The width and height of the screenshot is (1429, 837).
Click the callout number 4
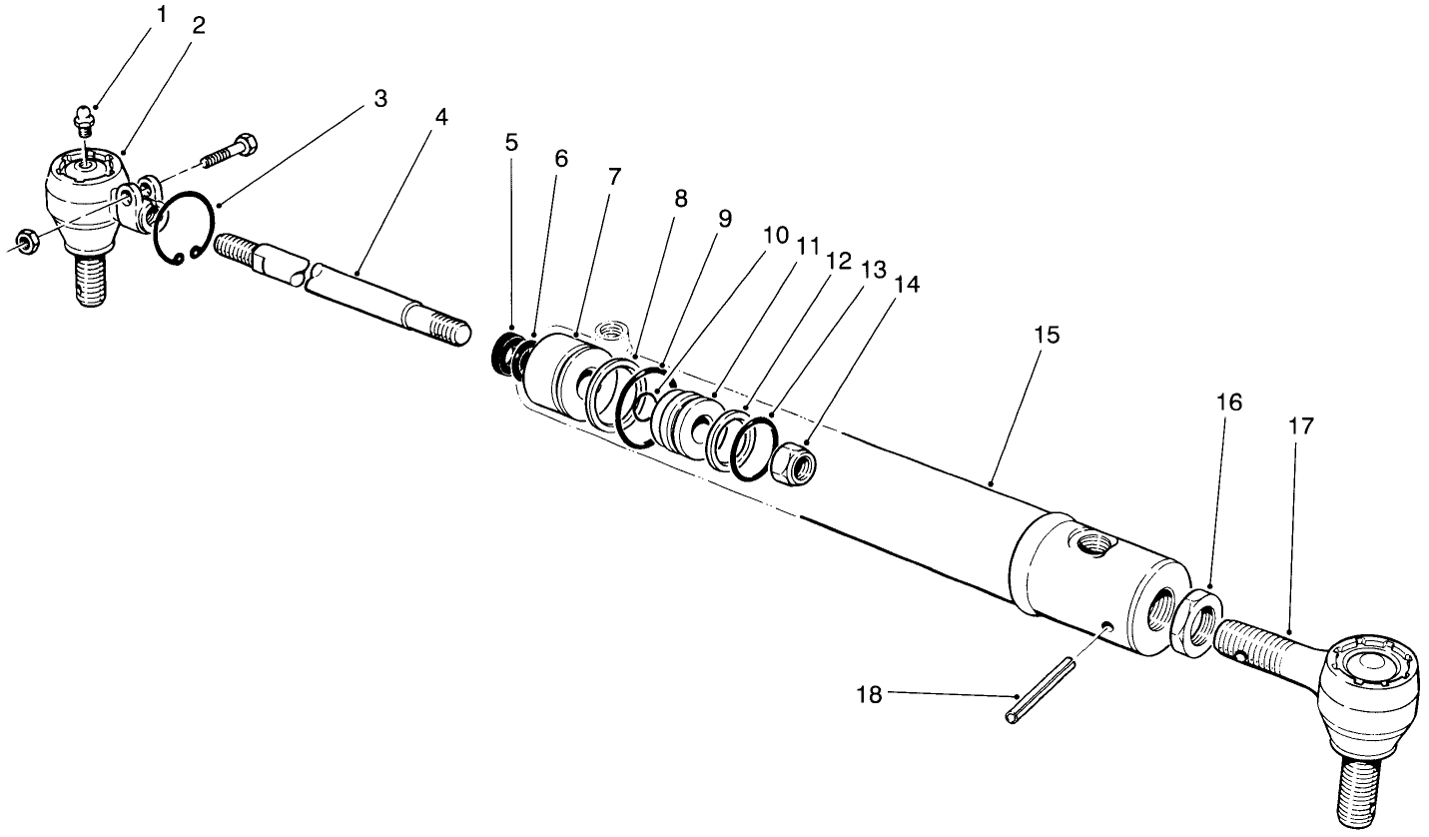(x=441, y=116)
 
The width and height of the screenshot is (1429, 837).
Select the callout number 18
(x=870, y=694)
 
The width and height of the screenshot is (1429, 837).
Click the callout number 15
(x=1046, y=335)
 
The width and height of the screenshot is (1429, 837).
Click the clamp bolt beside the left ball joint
(x=230, y=151)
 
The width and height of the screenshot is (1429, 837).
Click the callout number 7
(x=614, y=177)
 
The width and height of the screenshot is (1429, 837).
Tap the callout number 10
(x=776, y=236)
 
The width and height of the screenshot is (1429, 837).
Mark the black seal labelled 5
(x=508, y=355)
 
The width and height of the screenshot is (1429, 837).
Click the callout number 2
(x=198, y=26)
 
